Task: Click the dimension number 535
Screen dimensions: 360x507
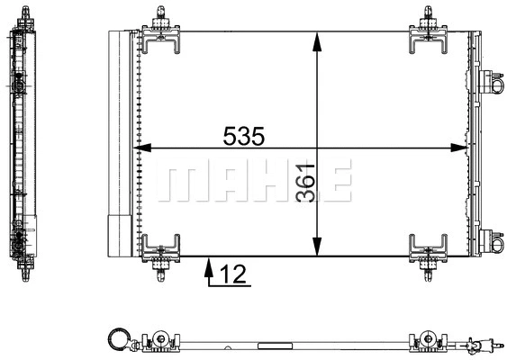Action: (243, 136)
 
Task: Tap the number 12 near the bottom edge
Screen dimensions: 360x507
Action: (232, 274)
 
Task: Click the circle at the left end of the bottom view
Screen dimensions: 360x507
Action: (118, 339)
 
